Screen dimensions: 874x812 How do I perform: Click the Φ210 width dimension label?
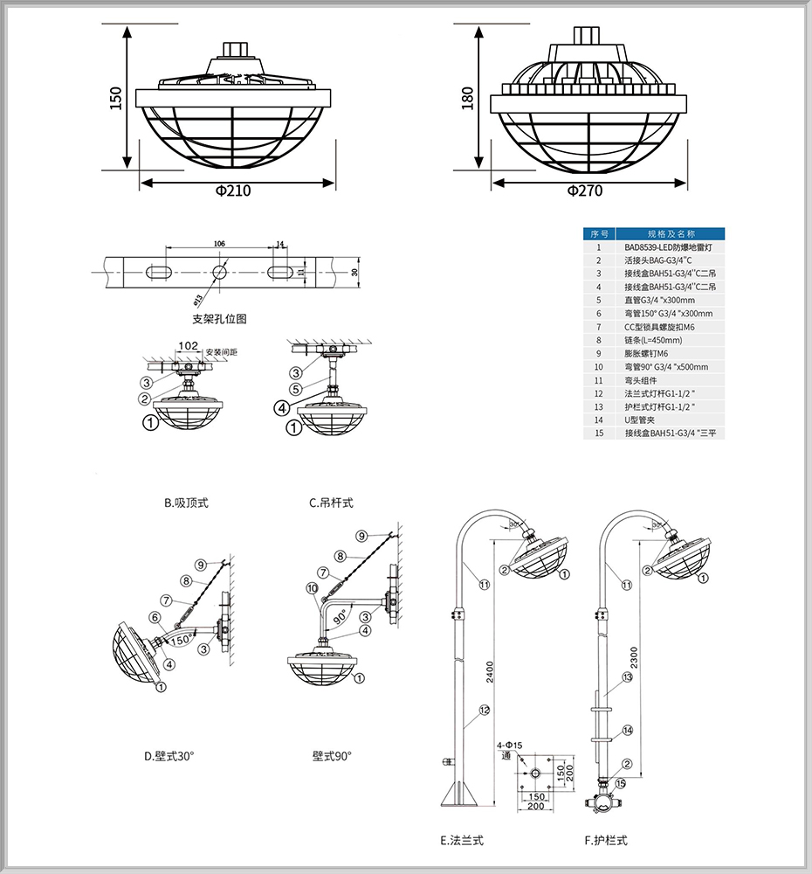pyautogui.click(x=232, y=191)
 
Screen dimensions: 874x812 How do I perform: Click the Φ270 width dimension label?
pyautogui.click(x=584, y=191)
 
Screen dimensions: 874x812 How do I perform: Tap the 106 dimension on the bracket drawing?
pyautogui.click(x=219, y=243)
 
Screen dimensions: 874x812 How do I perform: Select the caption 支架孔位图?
pyautogui.click(x=219, y=319)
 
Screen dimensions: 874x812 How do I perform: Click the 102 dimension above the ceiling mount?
pyautogui.click(x=186, y=346)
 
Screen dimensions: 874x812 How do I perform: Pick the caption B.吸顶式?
pyautogui.click(x=186, y=503)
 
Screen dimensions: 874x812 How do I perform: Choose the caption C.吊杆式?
pyautogui.click(x=331, y=503)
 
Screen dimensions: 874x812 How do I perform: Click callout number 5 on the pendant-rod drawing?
pyautogui.click(x=297, y=389)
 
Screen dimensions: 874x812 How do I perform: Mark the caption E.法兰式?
pyautogui.click(x=462, y=841)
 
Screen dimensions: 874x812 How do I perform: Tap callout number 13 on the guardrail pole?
pyautogui.click(x=627, y=677)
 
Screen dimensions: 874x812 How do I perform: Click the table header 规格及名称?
pyautogui.click(x=671, y=234)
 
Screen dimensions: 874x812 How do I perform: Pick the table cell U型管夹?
pyautogui.click(x=642, y=420)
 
